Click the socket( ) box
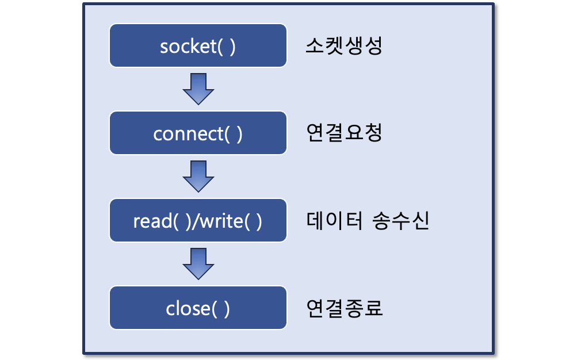pos(198,45)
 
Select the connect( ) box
pos(198,133)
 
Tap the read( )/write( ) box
pos(198,220)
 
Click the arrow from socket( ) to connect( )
pos(198,89)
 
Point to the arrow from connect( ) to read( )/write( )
pos(198,176)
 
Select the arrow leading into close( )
pos(198,263)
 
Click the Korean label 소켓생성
pos(343,46)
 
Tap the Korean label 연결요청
pos(343,133)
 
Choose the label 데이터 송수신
pos(367,221)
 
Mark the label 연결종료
pos(343,309)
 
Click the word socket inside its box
pos(187,47)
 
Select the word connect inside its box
pos(188,134)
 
